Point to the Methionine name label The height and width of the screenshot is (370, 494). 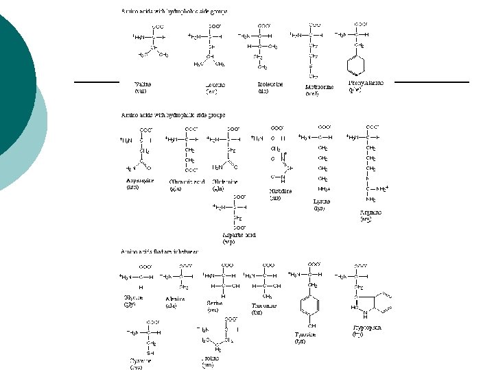click(x=319, y=87)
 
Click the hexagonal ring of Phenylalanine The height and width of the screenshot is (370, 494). click(x=357, y=66)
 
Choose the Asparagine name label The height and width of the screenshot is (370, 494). click(x=140, y=181)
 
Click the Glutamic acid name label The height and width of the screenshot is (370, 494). click(x=187, y=182)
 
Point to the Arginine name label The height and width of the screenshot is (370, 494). click(x=370, y=212)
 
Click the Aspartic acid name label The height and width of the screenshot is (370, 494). click(x=239, y=234)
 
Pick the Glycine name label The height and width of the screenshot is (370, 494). click(x=133, y=297)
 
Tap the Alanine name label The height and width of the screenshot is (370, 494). click(x=176, y=299)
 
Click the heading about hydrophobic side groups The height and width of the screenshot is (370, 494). click(x=174, y=12)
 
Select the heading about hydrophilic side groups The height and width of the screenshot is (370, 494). click(x=173, y=114)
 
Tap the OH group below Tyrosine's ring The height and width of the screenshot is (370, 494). click(x=312, y=325)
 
